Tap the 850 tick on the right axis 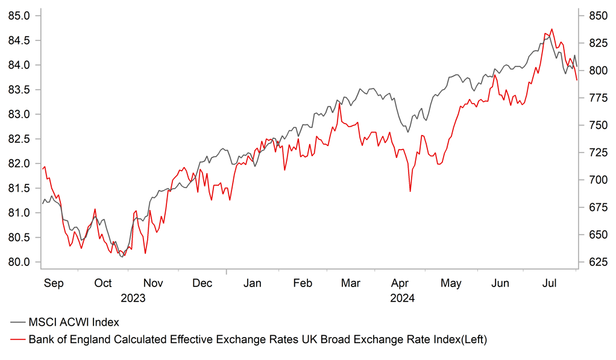594,16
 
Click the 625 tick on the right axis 594,262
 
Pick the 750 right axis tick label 594,125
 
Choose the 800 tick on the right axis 594,71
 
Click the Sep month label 54,283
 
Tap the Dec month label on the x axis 203,283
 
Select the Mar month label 351,283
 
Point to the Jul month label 550,283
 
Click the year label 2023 133,297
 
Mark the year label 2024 402,297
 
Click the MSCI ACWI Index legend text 78,323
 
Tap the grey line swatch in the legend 18,324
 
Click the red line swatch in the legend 18,340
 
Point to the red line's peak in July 552,28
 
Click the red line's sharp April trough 410,192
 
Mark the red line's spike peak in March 339,104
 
